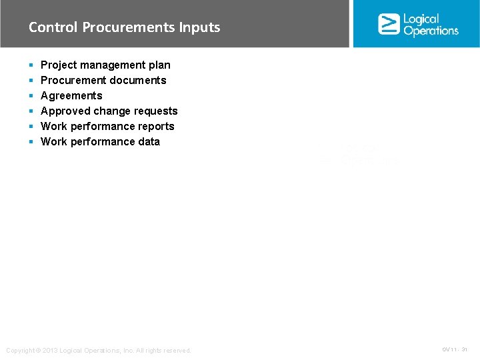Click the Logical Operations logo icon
pyautogui.click(x=389, y=24)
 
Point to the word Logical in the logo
pyautogui.click(x=421, y=19)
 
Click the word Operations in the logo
pyautogui.click(x=431, y=31)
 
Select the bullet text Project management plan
pyautogui.click(x=105, y=65)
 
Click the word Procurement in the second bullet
pyautogui.click(x=74, y=80)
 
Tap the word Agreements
pyautogui.click(x=71, y=95)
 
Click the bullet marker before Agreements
pyautogui.click(x=31, y=96)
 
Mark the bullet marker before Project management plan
pyautogui.click(x=31, y=65)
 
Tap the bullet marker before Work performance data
pyautogui.click(x=31, y=142)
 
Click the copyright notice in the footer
pyautogui.click(x=98, y=351)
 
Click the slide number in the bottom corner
pyautogui.click(x=455, y=349)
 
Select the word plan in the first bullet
pyautogui.click(x=159, y=65)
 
